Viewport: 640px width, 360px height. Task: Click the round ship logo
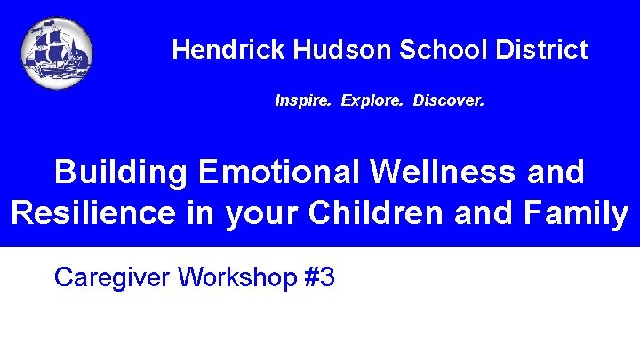(57, 53)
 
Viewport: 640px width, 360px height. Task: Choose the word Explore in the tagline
(367, 101)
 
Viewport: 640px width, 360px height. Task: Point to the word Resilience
(92, 214)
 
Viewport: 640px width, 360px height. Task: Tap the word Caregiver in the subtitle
(112, 278)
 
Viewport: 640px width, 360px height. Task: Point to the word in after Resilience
(200, 214)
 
